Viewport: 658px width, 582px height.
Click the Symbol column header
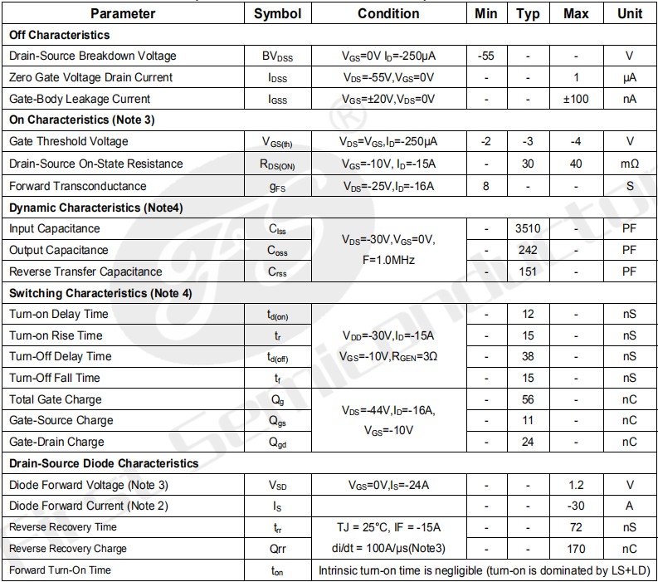pos(277,13)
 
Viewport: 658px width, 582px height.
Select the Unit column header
pos(630,13)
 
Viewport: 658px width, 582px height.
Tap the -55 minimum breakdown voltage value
pos(486,56)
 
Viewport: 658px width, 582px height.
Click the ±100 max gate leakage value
pos(576,99)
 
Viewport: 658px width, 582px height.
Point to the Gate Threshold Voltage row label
pos(69,141)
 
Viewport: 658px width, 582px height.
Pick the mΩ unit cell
pos(630,164)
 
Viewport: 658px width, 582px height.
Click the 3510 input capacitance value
pos(528,228)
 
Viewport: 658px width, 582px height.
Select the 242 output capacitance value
pos(528,250)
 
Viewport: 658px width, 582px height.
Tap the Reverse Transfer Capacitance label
pos(85,271)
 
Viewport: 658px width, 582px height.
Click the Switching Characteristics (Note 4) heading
pos(100,292)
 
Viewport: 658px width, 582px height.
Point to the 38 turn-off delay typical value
pos(528,356)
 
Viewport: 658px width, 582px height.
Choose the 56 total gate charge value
pos(528,399)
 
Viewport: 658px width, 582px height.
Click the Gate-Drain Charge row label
pos(56,442)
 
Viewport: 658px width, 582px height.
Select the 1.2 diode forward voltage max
pos(576,485)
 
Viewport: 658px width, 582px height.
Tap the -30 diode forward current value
pos(576,506)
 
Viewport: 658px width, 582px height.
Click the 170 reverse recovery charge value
pos(576,549)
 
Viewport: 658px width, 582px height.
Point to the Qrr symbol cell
pos(277,549)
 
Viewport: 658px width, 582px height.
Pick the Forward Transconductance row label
pos(78,186)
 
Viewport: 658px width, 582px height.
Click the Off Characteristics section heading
pos(59,35)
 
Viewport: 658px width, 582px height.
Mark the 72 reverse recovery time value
pos(576,527)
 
